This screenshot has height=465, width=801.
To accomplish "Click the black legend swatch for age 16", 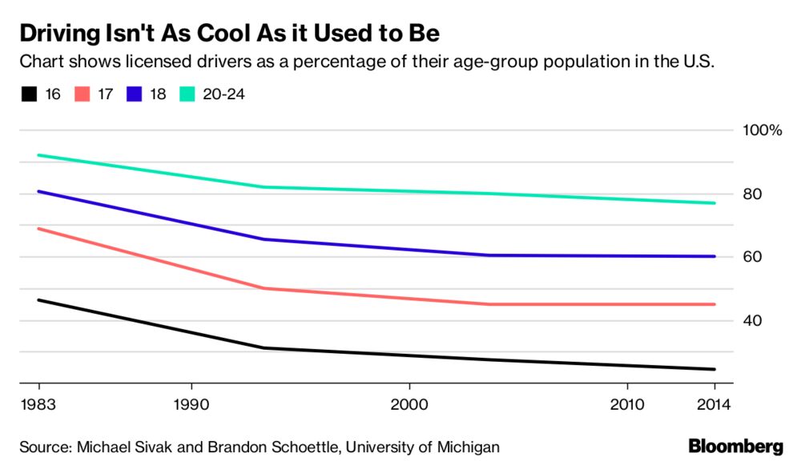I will pyautogui.click(x=30, y=94).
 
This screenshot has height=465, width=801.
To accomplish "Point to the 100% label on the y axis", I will pyautogui.click(x=763, y=130).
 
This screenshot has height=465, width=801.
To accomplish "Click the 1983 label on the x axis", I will pyautogui.click(x=35, y=404).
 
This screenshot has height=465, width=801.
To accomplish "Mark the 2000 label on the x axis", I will pyautogui.click(x=409, y=404).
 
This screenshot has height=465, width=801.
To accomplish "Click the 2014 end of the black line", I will pyautogui.click(x=714, y=369).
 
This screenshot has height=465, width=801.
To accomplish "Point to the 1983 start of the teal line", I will pyautogui.click(x=38, y=155).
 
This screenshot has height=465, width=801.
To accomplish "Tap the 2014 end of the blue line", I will pyautogui.click(x=714, y=256).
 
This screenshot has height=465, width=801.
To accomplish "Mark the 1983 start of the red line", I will pyautogui.click(x=38, y=229).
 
